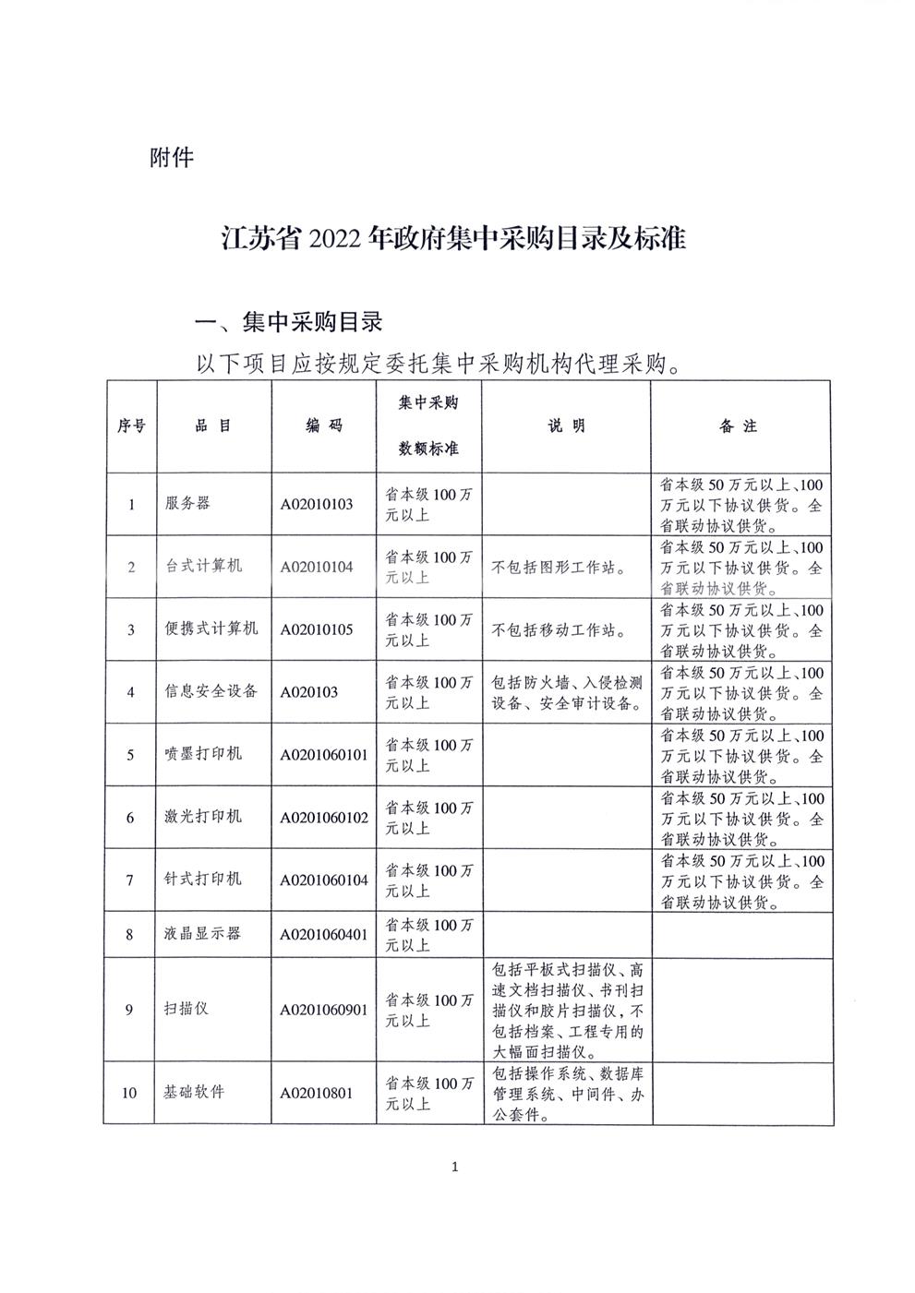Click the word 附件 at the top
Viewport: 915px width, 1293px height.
pyautogui.click(x=172, y=158)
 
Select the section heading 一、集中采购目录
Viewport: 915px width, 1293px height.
pyautogui.click(x=287, y=322)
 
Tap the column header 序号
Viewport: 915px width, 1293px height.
pyautogui.click(x=130, y=426)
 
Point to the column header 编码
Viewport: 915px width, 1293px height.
pyautogui.click(x=323, y=426)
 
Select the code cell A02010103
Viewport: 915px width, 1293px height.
pyautogui.click(x=317, y=505)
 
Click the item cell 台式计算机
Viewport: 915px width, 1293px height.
pyautogui.click(x=204, y=566)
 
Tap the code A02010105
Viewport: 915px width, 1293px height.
pyautogui.click(x=317, y=629)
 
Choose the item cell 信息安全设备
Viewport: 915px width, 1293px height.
pyautogui.click(x=211, y=690)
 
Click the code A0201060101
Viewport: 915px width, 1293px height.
pyautogui.click(x=324, y=754)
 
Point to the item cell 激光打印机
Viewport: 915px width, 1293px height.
pyautogui.click(x=204, y=817)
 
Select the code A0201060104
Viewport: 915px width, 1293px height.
pyautogui.click(x=324, y=880)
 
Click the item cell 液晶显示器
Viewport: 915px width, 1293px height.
pyautogui.click(x=204, y=933)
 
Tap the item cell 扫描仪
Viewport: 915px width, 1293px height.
pyautogui.click(x=187, y=1009)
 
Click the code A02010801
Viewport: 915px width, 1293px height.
pyautogui.click(x=317, y=1093)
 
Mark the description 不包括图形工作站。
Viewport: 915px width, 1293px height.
pyautogui.click(x=560, y=568)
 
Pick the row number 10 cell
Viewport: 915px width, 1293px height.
pyautogui.click(x=130, y=1093)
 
